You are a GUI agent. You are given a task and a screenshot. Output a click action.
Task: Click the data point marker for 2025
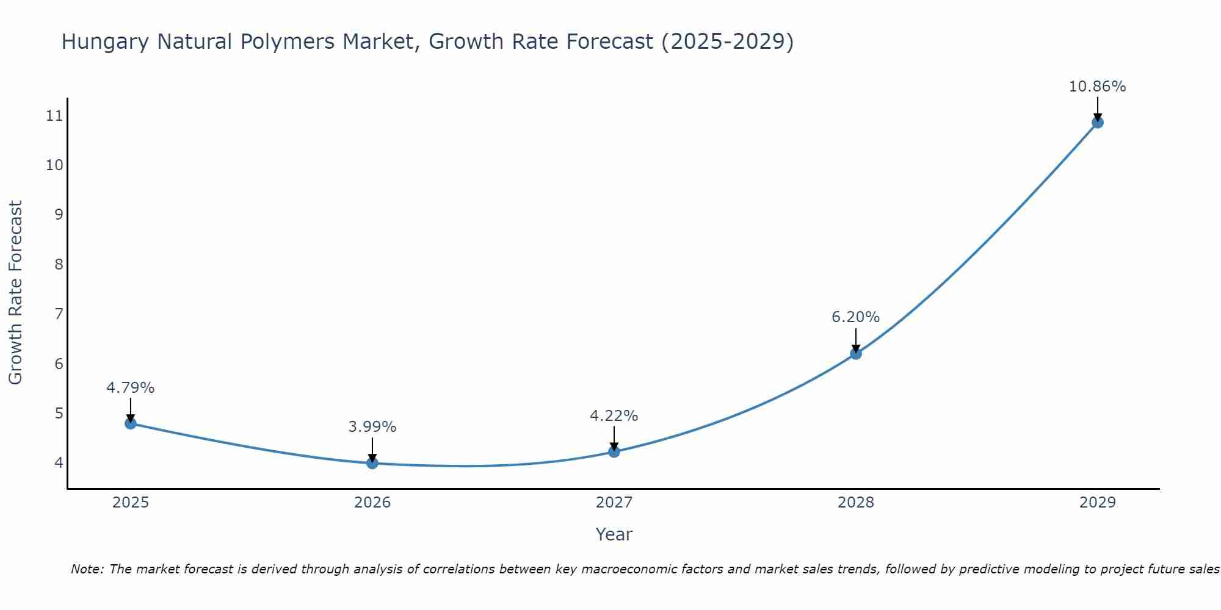(x=131, y=423)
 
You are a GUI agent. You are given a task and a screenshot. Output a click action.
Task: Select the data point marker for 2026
(x=372, y=463)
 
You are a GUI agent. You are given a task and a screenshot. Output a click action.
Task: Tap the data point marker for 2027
(x=614, y=451)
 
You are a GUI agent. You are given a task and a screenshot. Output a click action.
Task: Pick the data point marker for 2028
(x=856, y=353)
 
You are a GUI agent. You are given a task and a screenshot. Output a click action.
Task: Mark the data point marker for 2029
(x=1097, y=122)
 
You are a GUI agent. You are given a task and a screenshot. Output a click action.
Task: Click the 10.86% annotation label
(x=1097, y=87)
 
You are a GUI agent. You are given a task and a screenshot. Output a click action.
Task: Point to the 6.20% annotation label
(x=855, y=317)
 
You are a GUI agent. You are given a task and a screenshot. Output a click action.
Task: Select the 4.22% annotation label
(x=614, y=416)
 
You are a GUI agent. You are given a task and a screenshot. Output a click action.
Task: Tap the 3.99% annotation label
(x=372, y=427)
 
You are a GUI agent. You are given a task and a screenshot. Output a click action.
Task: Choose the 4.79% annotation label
(x=131, y=388)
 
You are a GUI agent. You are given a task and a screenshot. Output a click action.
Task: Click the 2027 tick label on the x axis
(x=614, y=503)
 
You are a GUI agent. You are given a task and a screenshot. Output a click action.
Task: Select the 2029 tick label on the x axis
(x=1097, y=503)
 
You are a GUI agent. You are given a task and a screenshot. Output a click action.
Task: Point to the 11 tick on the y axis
(x=54, y=115)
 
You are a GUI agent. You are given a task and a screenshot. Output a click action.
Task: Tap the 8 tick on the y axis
(x=59, y=264)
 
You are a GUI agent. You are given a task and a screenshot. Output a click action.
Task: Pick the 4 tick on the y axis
(x=59, y=462)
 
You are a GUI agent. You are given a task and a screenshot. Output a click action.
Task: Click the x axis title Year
(x=614, y=534)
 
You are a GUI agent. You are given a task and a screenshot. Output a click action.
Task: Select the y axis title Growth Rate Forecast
(x=15, y=293)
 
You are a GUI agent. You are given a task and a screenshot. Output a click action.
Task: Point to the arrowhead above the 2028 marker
(x=856, y=348)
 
